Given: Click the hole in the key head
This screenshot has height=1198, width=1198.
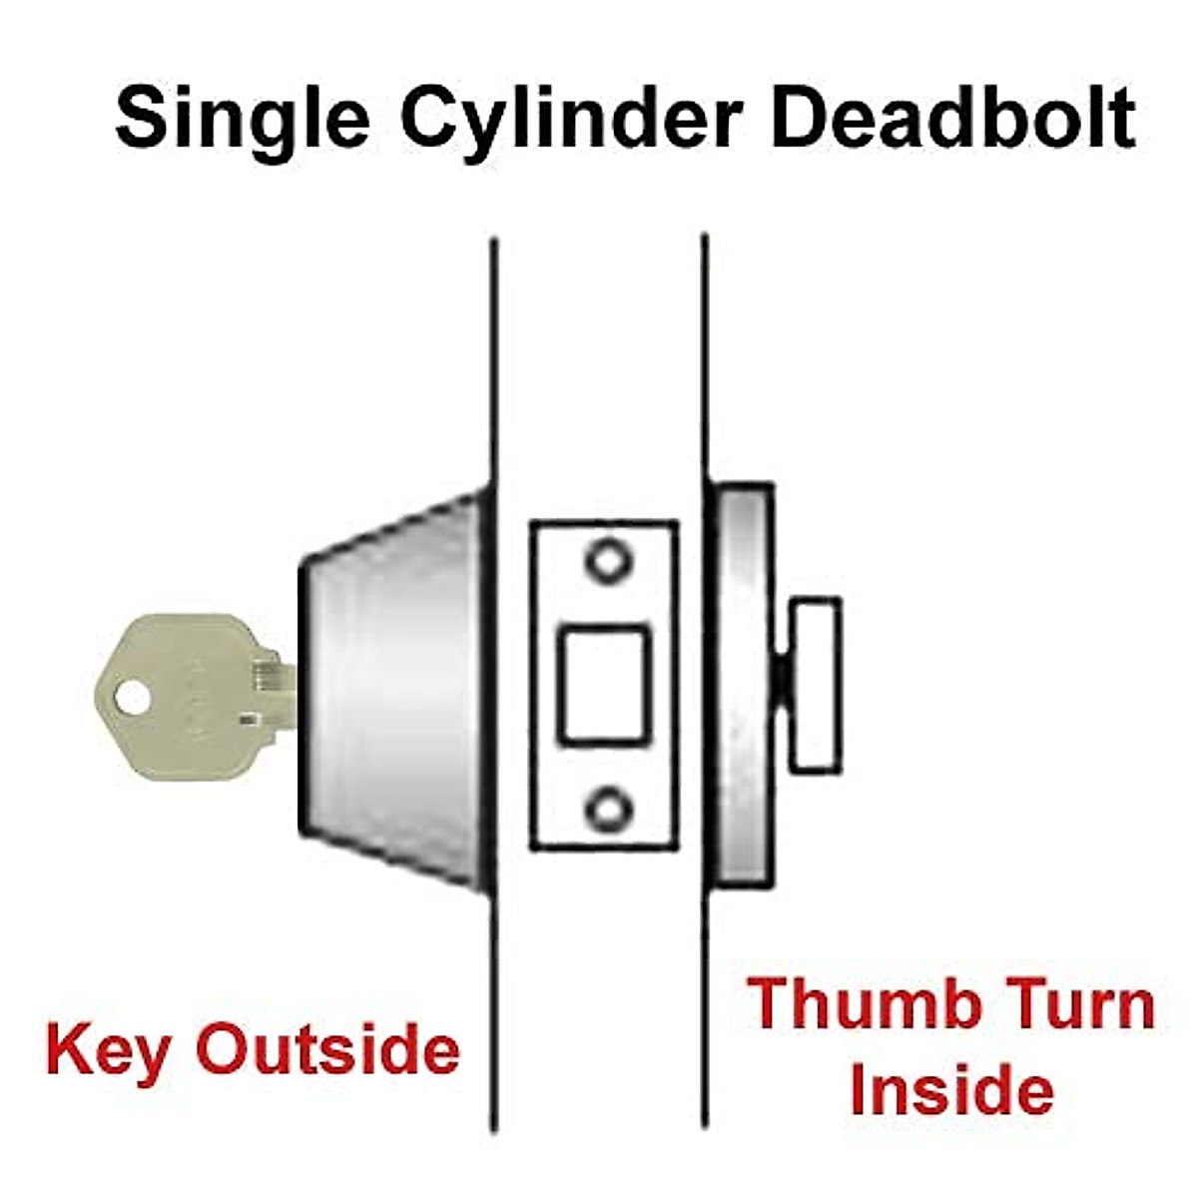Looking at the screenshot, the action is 130,696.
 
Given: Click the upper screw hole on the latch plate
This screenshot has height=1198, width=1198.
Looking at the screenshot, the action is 605,560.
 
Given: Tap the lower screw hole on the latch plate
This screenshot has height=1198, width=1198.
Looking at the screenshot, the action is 605,809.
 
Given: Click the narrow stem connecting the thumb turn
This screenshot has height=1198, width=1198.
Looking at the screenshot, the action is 782,684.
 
